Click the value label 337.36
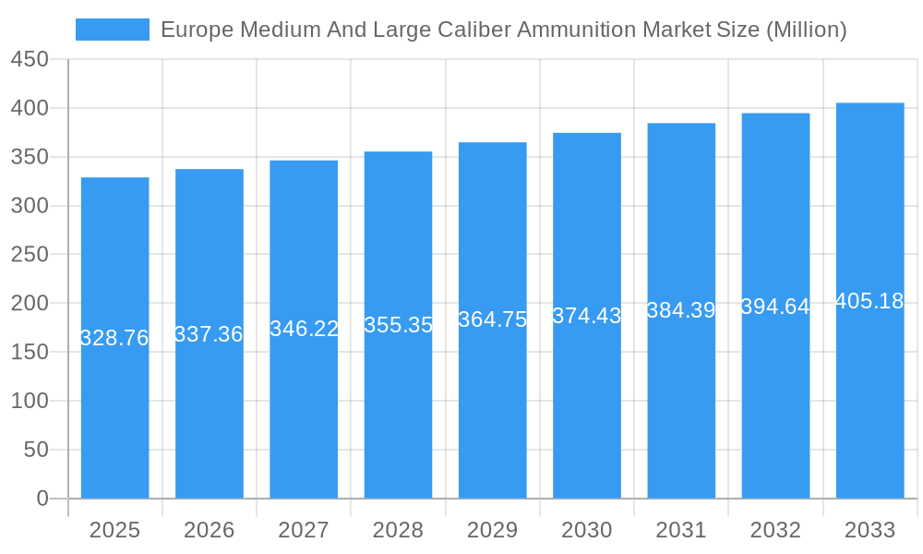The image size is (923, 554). tap(209, 334)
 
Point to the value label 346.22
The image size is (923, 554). tap(304, 329)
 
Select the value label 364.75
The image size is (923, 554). tap(492, 319)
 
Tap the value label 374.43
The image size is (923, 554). tap(587, 316)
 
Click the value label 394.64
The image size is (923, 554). tap(775, 307)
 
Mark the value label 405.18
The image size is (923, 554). tap(869, 301)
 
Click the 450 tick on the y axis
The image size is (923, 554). tap(30, 59)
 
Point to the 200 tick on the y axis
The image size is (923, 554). tap(30, 303)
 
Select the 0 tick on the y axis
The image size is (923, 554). tap(42, 499)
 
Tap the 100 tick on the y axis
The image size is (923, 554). tap(30, 401)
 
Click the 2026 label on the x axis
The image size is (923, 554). tap(209, 530)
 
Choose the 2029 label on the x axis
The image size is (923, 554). tap(492, 530)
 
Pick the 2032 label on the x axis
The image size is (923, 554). tap(775, 530)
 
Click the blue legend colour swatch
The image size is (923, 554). tap(113, 30)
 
